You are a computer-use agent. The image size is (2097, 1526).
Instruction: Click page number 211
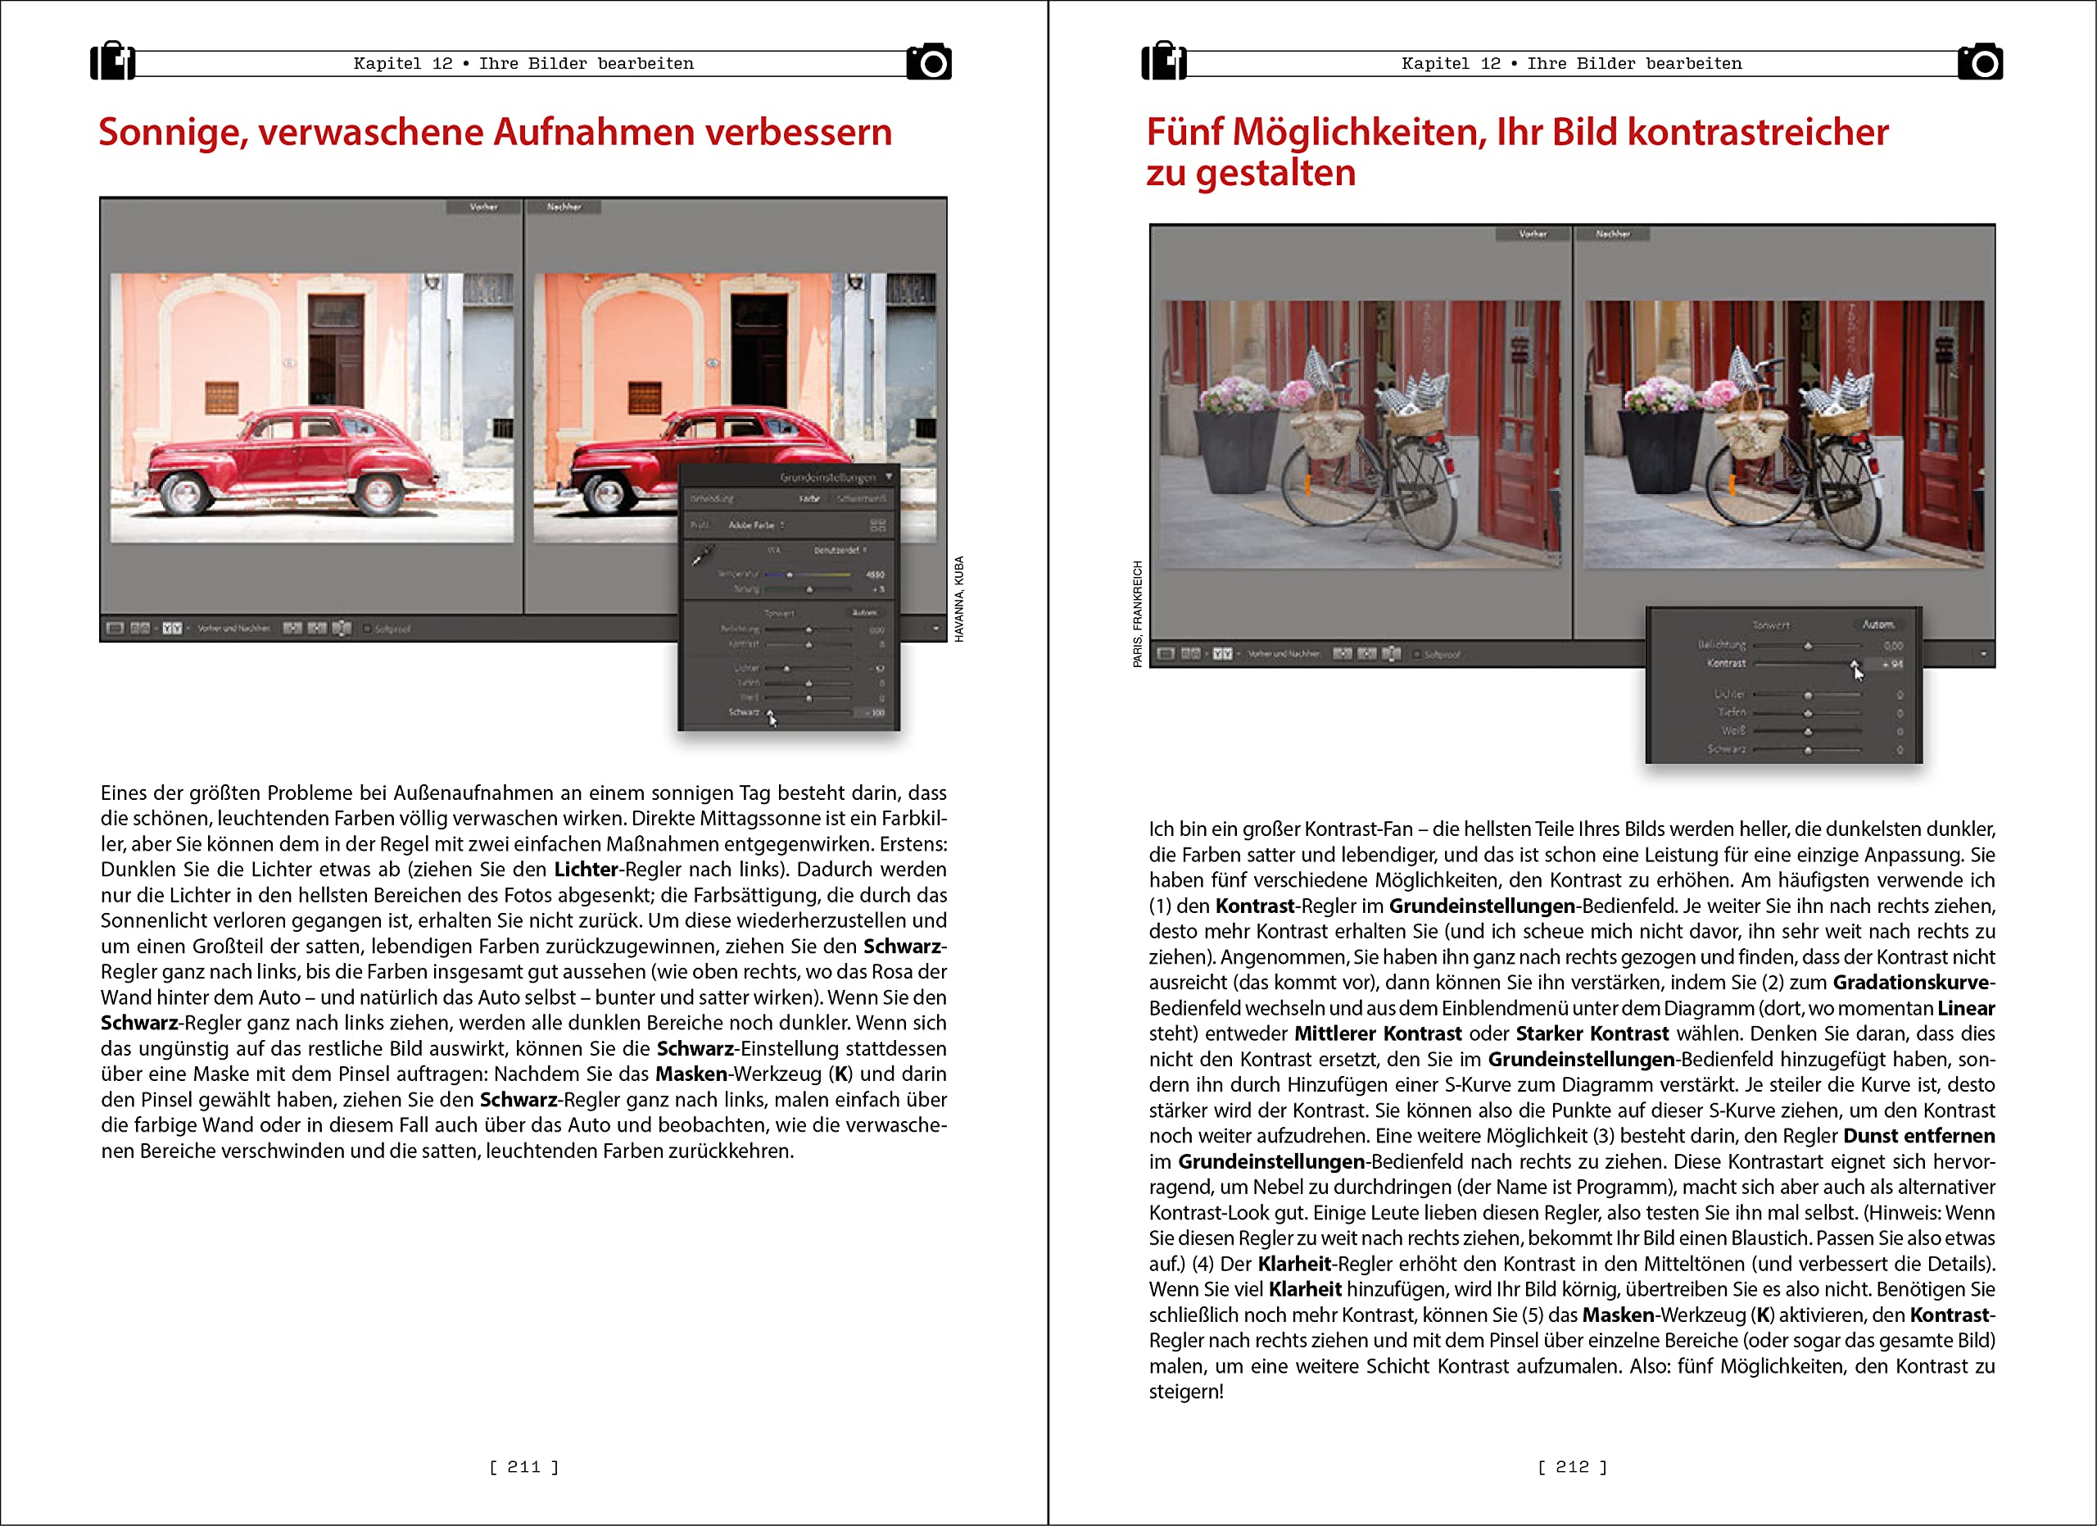tap(523, 1467)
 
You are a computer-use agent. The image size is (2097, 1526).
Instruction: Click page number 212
tap(1572, 1467)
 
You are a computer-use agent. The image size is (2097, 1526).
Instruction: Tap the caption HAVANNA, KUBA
tap(959, 598)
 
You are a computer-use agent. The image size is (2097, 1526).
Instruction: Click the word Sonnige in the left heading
tap(174, 132)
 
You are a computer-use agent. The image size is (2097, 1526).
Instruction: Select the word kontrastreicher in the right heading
tap(1758, 132)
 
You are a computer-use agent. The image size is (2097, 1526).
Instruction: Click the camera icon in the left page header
tap(929, 62)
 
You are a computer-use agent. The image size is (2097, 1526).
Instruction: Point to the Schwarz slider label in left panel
tap(744, 712)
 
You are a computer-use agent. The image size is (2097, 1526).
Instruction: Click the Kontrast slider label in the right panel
tap(1725, 663)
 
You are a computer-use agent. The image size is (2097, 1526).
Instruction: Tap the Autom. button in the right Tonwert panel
tap(1877, 624)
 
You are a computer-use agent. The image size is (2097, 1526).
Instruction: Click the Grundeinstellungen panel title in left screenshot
tap(827, 477)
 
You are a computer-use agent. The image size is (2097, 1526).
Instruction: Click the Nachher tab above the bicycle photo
tap(1613, 234)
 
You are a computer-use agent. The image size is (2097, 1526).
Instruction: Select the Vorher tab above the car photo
tap(483, 207)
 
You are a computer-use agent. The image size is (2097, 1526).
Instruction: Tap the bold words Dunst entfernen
tap(1918, 1136)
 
